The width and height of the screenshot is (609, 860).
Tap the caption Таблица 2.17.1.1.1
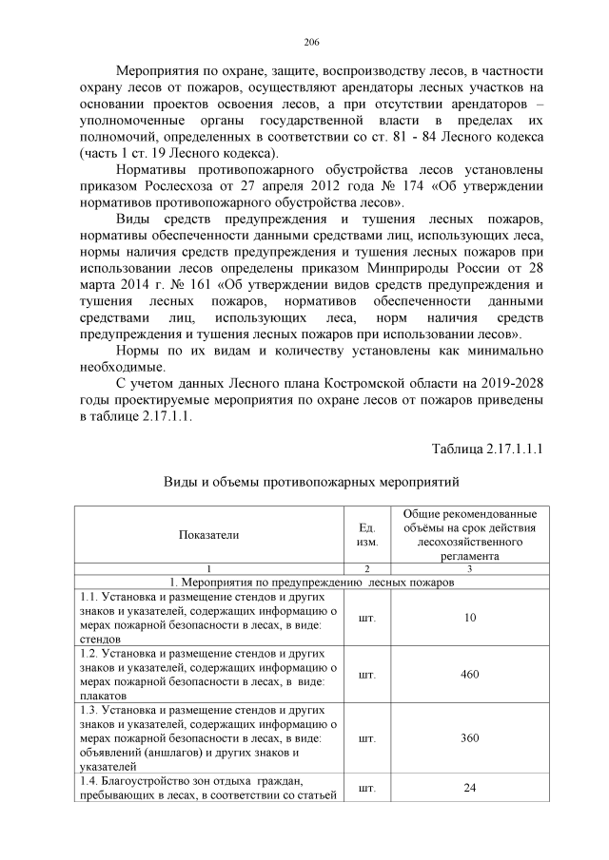click(487, 448)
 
